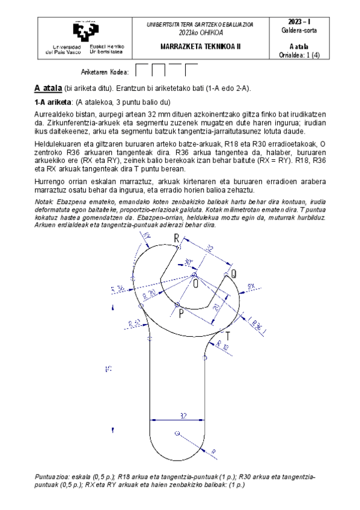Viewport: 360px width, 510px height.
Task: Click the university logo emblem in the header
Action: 84,31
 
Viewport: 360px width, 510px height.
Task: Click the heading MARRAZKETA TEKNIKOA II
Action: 200,45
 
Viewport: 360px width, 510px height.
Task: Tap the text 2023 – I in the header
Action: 299,22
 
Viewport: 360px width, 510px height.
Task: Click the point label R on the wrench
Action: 176,239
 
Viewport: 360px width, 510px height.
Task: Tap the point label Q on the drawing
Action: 233,274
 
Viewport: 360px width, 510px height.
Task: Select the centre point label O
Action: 195,284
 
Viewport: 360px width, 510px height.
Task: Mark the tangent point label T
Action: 228,335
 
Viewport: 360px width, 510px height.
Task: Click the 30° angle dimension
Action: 188,263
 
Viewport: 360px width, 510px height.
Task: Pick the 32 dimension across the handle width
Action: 182,415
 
